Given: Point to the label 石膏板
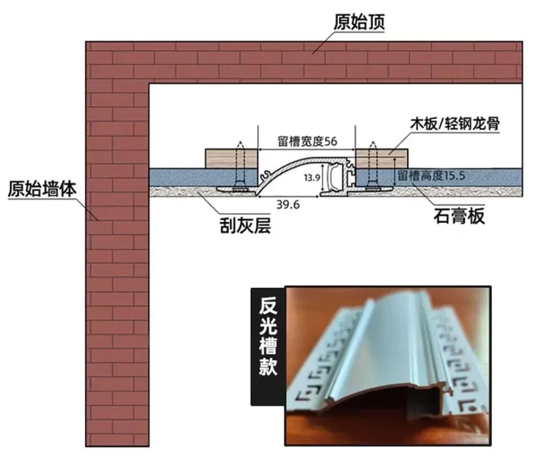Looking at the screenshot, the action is tap(459, 216).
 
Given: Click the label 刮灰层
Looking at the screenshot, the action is tap(245, 226).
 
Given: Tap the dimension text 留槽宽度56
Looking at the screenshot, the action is tap(307, 141).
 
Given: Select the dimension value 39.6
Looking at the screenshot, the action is tap(289, 204).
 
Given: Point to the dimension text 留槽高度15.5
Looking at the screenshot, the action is tap(431, 176).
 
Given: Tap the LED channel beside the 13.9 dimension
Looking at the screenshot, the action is tap(337, 176).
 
